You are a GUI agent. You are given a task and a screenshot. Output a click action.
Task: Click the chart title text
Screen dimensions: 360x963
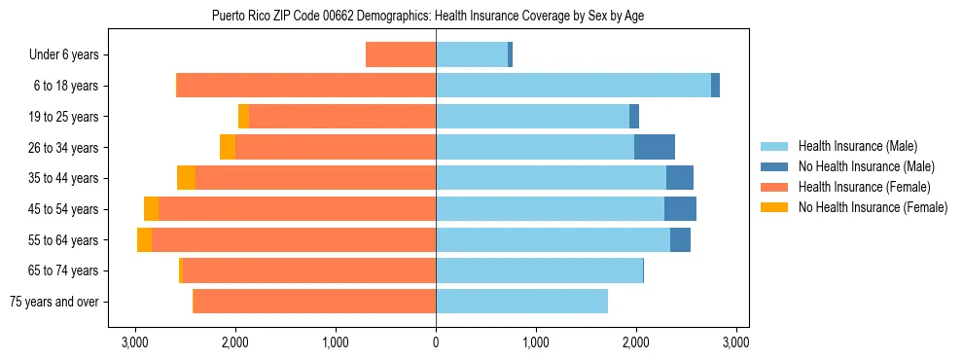tap(427, 16)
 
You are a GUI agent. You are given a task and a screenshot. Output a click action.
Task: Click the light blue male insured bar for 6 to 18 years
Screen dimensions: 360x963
tap(573, 86)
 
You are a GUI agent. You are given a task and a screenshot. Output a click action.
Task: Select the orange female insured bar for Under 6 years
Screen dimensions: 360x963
tap(401, 54)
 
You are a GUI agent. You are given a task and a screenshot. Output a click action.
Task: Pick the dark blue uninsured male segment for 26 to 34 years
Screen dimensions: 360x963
tap(654, 147)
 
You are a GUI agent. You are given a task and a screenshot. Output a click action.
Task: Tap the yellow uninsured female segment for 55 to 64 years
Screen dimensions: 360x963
tap(144, 240)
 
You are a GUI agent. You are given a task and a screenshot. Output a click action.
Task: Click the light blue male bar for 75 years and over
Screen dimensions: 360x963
tap(521, 302)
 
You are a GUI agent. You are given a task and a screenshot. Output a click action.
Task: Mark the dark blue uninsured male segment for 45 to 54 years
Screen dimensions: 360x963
tap(680, 209)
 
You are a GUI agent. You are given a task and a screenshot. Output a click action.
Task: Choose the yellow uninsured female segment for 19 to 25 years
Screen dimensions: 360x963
tap(243, 117)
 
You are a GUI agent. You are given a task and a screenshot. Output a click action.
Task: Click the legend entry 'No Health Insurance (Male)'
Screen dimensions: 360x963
tap(859, 167)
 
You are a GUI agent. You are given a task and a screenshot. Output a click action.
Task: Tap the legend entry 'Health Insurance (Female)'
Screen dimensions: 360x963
tap(859, 187)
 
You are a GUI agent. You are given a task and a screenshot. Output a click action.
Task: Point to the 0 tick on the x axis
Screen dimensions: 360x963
tap(436, 342)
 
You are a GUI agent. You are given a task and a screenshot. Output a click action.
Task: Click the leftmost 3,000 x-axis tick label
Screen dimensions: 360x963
tap(134, 342)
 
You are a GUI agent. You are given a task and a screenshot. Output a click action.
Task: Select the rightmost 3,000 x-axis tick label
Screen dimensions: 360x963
tap(736, 342)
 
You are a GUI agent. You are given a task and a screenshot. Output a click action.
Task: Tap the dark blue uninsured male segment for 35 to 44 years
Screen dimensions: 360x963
tap(679, 178)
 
